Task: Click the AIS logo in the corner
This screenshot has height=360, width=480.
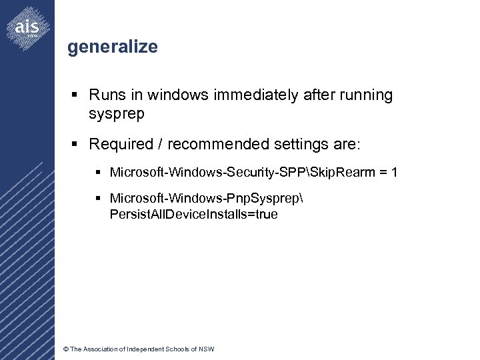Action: tap(27, 27)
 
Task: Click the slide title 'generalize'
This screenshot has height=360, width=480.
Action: tap(113, 47)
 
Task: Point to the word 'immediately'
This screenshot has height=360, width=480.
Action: tap(256, 95)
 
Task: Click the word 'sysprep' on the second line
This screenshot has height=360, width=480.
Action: tap(116, 114)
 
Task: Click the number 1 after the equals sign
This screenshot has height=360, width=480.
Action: tap(395, 173)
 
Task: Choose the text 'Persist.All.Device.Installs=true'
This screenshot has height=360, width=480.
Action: tap(193, 215)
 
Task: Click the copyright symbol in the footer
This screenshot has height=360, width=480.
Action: tap(65, 349)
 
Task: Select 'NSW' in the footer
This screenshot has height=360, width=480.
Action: tap(207, 349)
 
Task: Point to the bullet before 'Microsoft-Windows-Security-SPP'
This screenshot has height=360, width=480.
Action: tap(98, 173)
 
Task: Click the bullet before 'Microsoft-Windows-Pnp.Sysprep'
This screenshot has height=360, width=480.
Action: tap(98, 199)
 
